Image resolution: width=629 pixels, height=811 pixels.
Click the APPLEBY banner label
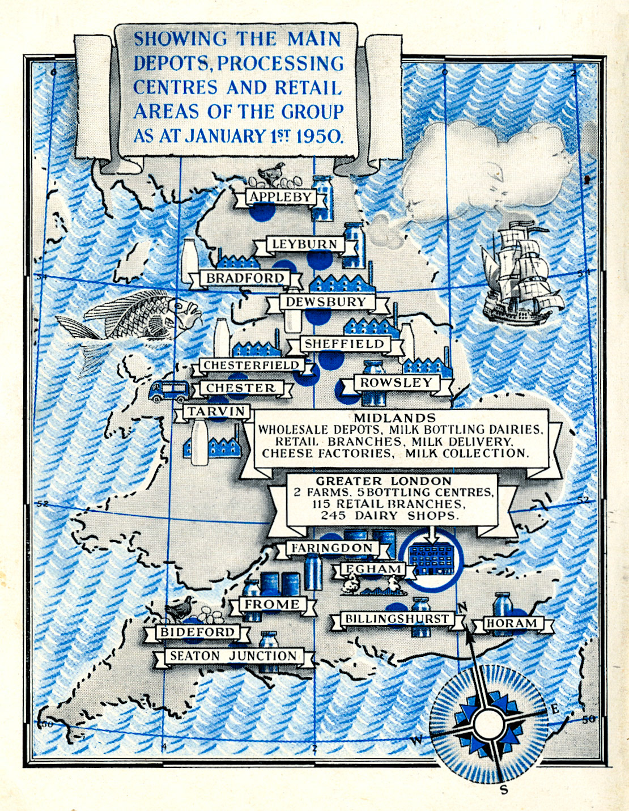281,197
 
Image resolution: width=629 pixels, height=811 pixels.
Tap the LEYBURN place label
305,244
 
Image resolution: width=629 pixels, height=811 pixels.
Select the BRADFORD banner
245,278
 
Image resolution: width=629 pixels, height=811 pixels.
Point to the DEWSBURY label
326,302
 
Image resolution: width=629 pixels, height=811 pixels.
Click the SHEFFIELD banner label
344,344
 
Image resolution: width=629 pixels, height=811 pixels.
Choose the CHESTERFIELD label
251,366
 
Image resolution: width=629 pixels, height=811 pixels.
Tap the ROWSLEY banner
396,383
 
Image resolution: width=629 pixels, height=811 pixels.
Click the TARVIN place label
216,411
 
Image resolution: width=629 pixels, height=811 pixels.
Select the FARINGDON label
332,549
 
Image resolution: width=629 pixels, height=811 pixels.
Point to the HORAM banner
512,623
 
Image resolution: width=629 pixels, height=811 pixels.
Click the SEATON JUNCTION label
233,656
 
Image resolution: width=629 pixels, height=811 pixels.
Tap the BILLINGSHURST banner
397,619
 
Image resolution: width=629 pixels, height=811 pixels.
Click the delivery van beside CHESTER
169,390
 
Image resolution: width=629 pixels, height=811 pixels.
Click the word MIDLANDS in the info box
394,418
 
